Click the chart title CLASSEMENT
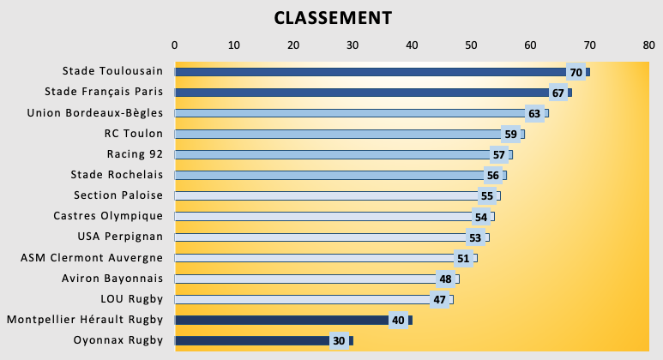[333, 18]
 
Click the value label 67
[558, 93]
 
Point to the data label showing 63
[534, 113]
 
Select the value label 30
[339, 340]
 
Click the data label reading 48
[445, 279]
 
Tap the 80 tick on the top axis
[648, 45]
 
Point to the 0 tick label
[175, 45]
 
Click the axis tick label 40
[412, 45]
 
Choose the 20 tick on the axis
[293, 45]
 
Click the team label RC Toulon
[133, 134]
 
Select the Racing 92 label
[135, 154]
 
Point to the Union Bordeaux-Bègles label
[94, 113]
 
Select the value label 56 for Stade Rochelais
[492, 175]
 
